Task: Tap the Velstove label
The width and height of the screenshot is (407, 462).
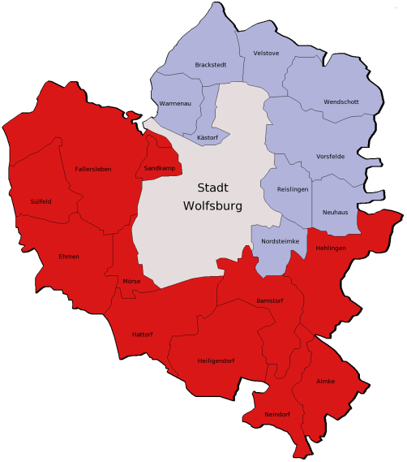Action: tap(266, 53)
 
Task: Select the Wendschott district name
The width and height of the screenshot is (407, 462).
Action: tap(341, 102)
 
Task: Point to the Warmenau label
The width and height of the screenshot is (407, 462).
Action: tap(175, 105)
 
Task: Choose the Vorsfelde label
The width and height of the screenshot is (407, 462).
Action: tap(331, 157)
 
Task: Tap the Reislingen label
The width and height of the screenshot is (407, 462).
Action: tap(292, 188)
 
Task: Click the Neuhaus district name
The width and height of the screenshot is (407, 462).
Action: tap(335, 212)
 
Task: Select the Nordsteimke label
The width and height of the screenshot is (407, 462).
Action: tap(281, 241)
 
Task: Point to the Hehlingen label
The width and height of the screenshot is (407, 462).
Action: tap(331, 247)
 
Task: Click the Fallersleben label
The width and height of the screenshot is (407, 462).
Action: tap(92, 169)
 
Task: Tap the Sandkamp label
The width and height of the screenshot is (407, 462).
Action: tap(159, 168)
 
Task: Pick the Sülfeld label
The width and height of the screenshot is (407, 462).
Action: tap(41, 201)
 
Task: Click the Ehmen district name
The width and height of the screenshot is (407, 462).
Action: tap(69, 257)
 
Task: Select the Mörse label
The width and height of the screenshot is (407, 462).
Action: tap(131, 281)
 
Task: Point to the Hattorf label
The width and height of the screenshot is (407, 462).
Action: tap(143, 334)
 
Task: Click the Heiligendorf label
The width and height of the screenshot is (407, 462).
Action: tap(216, 360)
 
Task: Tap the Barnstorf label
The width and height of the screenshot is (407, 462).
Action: tap(268, 300)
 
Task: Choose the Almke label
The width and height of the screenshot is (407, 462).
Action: tap(325, 381)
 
